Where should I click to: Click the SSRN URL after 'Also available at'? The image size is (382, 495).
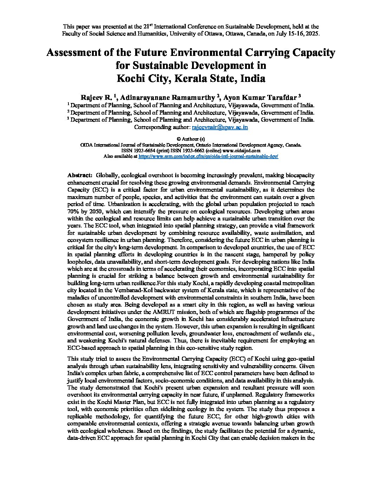pos(208,156)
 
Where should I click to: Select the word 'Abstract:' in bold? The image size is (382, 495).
pos(80,175)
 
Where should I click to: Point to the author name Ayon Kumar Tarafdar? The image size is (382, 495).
pos(260,97)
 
